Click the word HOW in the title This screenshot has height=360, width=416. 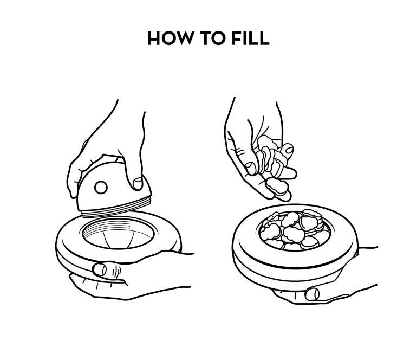(170, 38)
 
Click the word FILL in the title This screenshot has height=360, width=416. (250, 38)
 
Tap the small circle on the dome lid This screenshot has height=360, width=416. (101, 188)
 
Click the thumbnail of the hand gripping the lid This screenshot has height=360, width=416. (138, 183)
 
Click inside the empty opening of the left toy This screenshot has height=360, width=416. (118, 234)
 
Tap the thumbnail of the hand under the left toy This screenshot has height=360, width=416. (100, 269)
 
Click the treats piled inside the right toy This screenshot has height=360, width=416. (294, 230)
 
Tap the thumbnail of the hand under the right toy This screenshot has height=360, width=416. (313, 294)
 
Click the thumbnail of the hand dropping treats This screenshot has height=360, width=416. (251, 168)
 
